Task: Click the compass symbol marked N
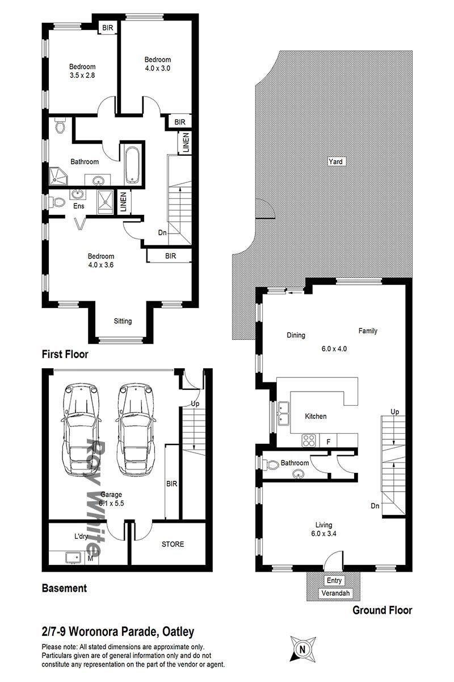tap(302, 649)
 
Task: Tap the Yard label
tap(335, 161)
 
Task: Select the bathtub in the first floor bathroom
tap(132, 165)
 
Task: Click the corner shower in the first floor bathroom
tap(58, 176)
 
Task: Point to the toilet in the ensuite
tap(57, 202)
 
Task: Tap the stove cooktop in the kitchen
tap(309, 440)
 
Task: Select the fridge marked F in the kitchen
tap(328, 441)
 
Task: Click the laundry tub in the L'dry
tap(73, 557)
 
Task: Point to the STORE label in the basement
tap(173, 544)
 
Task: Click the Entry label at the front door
tap(334, 580)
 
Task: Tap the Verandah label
tap(335, 593)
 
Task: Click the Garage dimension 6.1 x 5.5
tap(111, 504)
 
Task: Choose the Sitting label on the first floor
tap(123, 321)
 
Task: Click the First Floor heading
tap(65, 354)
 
